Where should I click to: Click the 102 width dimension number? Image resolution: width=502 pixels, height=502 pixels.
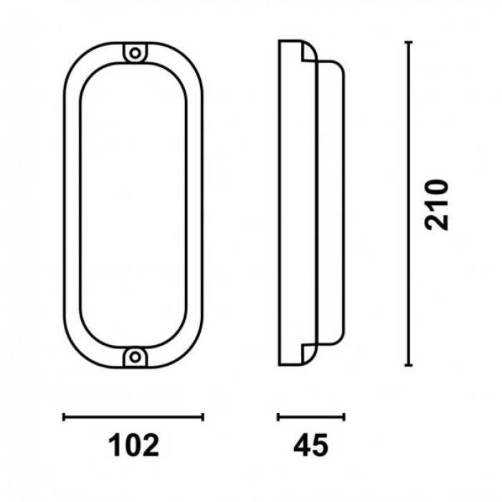point(133,445)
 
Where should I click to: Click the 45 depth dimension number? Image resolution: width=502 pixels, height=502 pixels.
point(311,445)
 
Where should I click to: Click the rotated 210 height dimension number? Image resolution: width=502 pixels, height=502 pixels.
point(436,205)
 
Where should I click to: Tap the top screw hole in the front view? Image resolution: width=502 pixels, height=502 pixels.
point(135,53)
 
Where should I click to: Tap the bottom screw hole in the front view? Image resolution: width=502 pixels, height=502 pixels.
point(135,356)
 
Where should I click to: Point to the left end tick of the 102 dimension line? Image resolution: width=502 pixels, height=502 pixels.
point(64,417)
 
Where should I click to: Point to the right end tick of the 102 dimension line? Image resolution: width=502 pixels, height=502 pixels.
point(203,417)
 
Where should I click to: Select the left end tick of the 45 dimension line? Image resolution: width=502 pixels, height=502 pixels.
point(278,417)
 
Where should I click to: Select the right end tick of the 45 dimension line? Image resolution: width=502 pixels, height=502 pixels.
point(344,417)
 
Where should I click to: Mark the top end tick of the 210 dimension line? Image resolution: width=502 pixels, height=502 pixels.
point(408,42)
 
